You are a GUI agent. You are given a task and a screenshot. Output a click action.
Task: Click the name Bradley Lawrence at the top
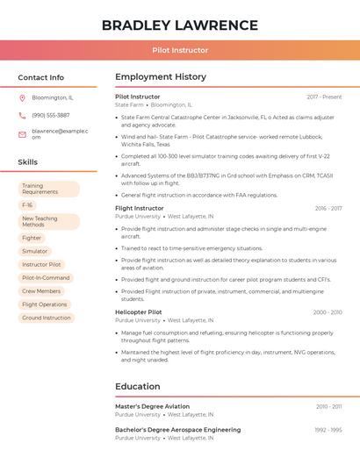point(179,25)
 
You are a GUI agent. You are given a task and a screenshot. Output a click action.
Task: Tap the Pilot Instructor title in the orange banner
point(179,50)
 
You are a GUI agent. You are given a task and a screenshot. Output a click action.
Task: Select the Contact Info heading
point(41,77)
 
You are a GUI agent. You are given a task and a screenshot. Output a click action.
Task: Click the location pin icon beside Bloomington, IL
point(22,97)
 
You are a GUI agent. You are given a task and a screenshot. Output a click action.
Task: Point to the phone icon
point(22,115)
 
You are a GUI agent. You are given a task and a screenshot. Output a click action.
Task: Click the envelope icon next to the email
point(22,133)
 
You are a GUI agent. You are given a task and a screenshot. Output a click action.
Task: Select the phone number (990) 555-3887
point(50,115)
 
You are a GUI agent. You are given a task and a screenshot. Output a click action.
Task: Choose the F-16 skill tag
point(27,204)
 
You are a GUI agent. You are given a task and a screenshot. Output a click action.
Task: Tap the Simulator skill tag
point(35,251)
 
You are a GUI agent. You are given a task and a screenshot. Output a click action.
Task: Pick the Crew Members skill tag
point(41,290)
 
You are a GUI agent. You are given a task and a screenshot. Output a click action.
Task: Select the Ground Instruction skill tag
point(46,318)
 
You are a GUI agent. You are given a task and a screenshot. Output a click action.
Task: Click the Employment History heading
point(161,77)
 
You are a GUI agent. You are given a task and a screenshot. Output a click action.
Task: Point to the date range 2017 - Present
point(324,97)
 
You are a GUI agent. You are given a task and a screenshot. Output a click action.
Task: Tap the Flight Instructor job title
point(140,208)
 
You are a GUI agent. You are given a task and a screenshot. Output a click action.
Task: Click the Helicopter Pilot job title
point(139,311)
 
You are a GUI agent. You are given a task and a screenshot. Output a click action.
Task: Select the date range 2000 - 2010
point(327,311)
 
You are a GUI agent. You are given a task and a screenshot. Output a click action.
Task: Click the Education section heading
point(138,386)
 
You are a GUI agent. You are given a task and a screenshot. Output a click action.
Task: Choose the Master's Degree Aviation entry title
point(152,406)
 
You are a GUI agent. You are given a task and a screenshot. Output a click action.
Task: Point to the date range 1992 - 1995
point(328,430)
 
